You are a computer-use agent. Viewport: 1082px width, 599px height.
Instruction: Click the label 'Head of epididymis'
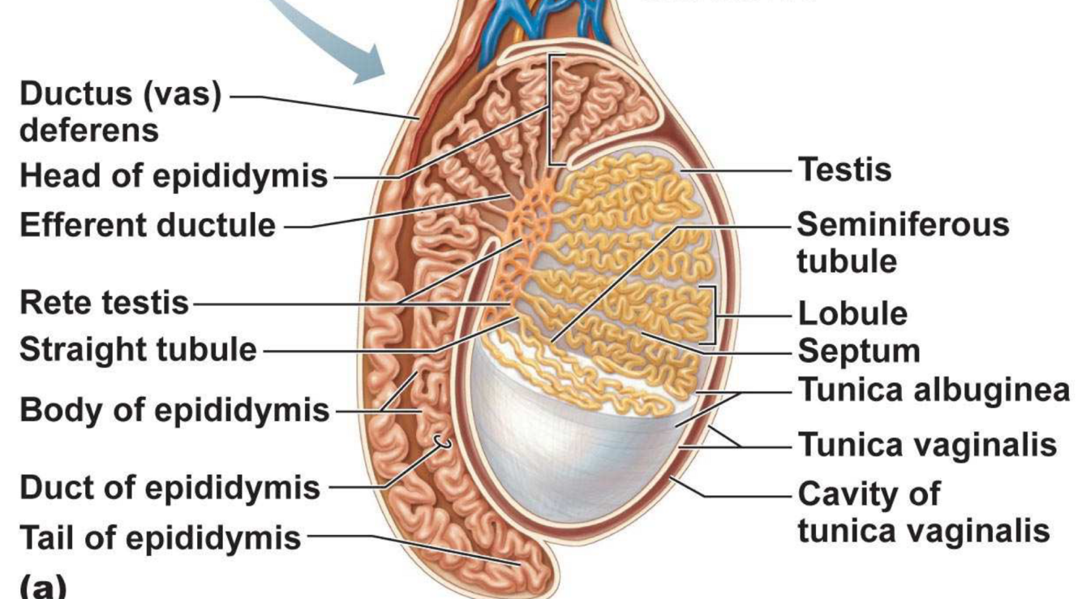point(173,175)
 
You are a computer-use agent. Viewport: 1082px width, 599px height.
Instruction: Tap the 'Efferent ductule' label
point(147,225)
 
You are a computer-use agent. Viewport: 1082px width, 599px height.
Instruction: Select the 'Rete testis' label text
point(103,304)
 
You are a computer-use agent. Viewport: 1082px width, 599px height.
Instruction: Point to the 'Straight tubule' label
point(137,351)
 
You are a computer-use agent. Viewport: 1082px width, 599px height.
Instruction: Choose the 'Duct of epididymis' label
point(169,489)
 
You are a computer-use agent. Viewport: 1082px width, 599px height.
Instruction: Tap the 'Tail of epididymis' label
point(159,537)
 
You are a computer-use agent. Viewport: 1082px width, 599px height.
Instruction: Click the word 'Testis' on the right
point(844,170)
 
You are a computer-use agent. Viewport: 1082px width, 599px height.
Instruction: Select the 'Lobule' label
point(852,313)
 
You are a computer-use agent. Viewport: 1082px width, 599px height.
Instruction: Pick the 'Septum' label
point(859,351)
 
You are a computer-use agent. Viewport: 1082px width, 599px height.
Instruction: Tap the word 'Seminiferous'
point(903,224)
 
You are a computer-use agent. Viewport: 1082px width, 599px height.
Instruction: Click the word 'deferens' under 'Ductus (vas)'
point(88,130)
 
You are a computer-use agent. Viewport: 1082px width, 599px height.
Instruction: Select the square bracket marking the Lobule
point(713,313)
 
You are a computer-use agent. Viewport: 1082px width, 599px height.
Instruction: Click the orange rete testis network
point(519,243)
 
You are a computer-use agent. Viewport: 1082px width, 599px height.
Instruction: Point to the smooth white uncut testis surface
point(568,438)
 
